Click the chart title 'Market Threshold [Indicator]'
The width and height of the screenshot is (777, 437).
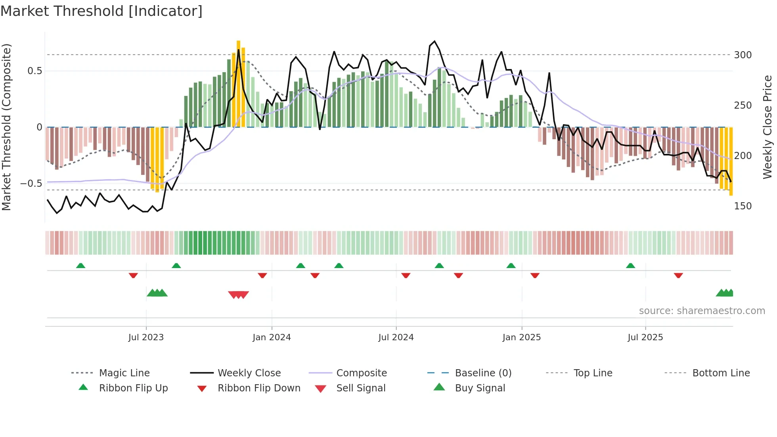(x=101, y=11)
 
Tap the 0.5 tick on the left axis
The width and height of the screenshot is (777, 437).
(x=34, y=71)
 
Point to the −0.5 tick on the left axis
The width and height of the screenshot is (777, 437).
(x=31, y=184)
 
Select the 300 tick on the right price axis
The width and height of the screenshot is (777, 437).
(x=743, y=55)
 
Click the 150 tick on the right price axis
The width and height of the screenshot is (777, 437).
(x=743, y=206)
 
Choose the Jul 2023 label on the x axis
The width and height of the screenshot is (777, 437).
(x=146, y=337)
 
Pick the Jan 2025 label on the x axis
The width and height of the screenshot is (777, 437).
(x=521, y=337)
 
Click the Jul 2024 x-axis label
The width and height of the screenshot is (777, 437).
(x=396, y=337)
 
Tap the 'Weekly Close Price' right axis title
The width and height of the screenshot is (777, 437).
(x=767, y=127)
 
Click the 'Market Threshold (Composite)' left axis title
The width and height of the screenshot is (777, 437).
(x=6, y=127)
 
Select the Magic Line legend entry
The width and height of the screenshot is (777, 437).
(x=124, y=373)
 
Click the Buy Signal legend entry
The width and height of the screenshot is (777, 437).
(x=480, y=388)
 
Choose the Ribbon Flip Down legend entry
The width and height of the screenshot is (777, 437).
(x=259, y=388)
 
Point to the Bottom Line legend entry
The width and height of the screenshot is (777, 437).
(x=721, y=373)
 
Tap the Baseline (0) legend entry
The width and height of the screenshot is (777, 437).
(x=483, y=373)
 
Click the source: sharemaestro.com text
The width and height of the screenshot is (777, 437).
(x=702, y=311)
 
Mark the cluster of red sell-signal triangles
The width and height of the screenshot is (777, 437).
(x=238, y=295)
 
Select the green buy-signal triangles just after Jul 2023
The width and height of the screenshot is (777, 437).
(x=157, y=293)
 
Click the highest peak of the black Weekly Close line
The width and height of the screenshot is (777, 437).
(x=434, y=41)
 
